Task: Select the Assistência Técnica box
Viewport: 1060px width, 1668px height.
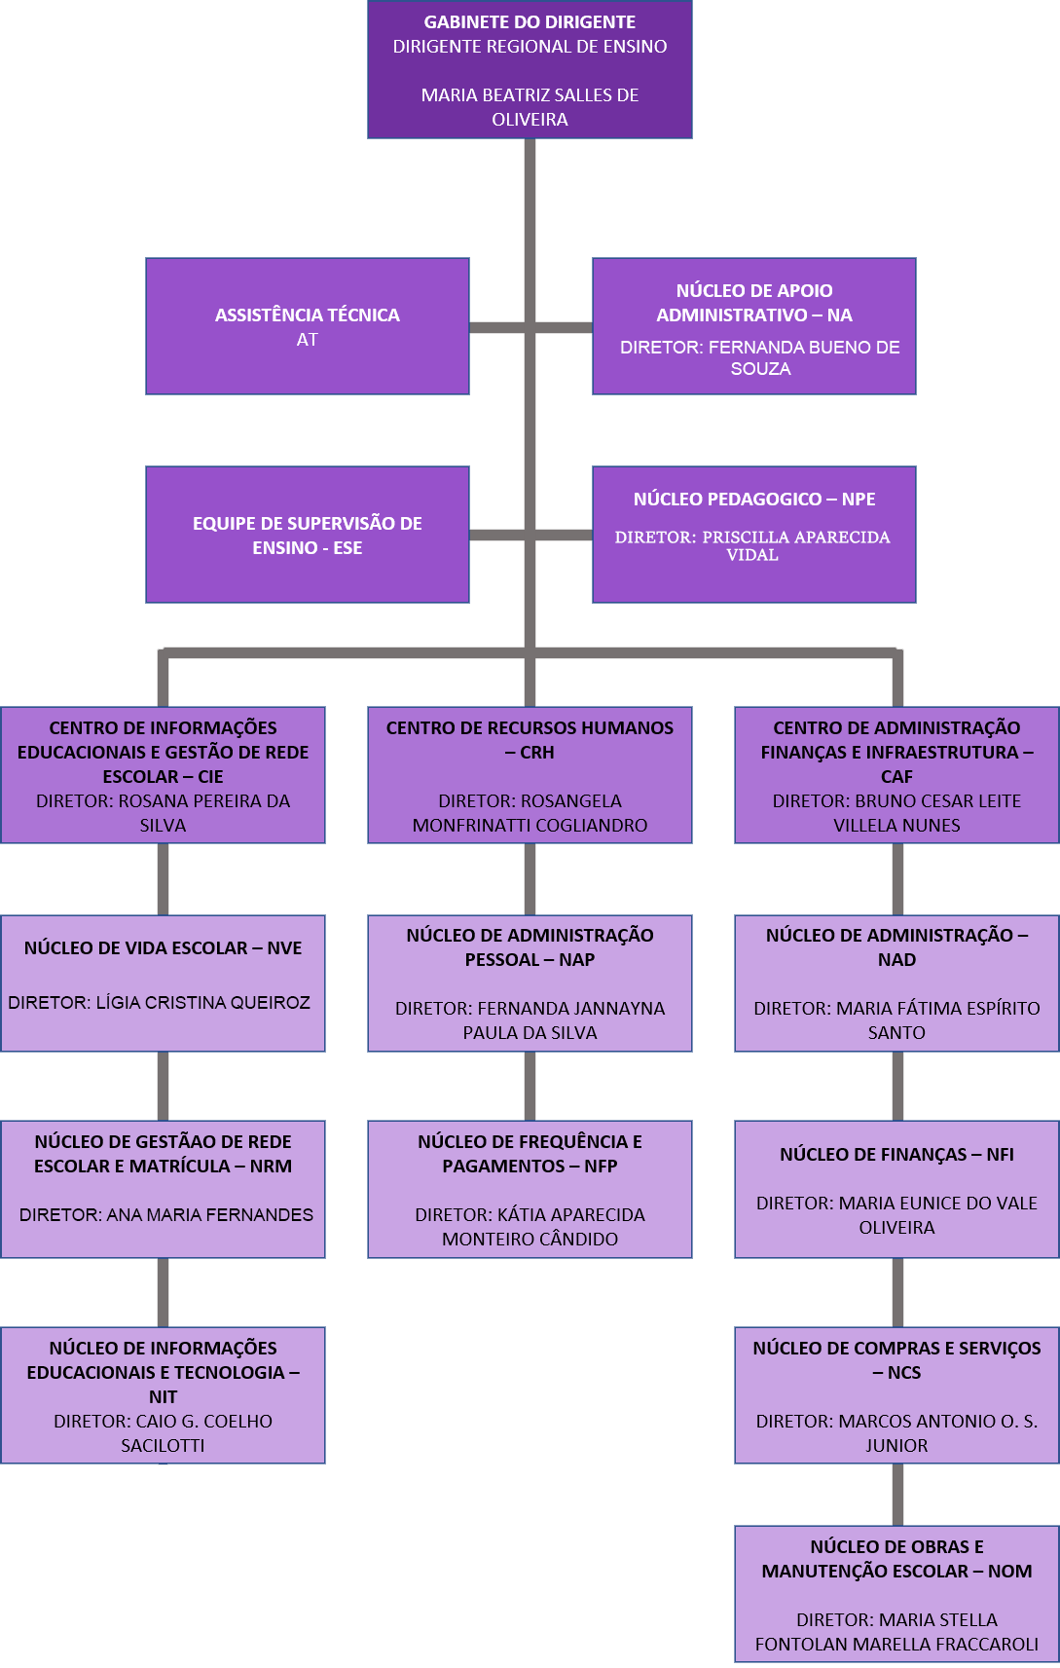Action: (x=308, y=325)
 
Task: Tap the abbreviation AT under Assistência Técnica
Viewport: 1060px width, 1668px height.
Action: (x=308, y=340)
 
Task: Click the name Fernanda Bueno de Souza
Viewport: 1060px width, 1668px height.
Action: (x=760, y=357)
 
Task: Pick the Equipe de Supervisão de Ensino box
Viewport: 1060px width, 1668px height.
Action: (x=308, y=535)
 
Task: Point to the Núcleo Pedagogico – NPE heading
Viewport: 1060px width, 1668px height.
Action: (x=754, y=500)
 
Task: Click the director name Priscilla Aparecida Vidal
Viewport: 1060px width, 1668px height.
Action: (x=752, y=545)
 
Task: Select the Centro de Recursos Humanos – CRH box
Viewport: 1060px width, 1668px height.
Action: (x=530, y=775)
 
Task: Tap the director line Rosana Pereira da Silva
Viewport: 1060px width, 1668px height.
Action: (x=163, y=813)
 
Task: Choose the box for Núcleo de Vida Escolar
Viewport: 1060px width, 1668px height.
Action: (x=163, y=982)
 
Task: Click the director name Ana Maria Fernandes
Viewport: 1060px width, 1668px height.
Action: (x=166, y=1215)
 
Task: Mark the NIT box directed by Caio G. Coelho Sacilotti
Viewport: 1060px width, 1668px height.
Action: (x=163, y=1394)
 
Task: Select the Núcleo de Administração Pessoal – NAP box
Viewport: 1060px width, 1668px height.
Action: (x=530, y=982)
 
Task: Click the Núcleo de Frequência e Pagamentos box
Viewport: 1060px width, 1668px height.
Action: (x=530, y=1189)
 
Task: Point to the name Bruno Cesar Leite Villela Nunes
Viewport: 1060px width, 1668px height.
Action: (x=896, y=813)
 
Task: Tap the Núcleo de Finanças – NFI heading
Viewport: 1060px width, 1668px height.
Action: (x=896, y=1155)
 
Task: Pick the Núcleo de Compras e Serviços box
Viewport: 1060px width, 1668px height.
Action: (x=896, y=1394)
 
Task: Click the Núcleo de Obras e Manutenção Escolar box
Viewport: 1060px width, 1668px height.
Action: (x=896, y=1593)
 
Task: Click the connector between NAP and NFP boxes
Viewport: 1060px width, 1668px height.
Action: (x=530, y=1086)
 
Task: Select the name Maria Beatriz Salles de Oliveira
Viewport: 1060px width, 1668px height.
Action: (x=530, y=107)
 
